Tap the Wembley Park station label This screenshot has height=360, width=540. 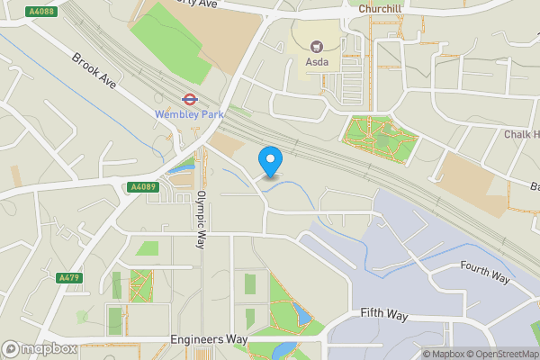(x=190, y=115)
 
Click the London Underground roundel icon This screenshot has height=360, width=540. (x=190, y=99)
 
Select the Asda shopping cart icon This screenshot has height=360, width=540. (x=317, y=46)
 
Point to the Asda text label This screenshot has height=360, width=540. (x=317, y=63)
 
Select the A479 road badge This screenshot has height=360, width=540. (x=68, y=277)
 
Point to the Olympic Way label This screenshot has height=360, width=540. (x=201, y=220)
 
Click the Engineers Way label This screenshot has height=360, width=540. (x=209, y=340)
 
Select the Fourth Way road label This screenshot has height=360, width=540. (x=485, y=273)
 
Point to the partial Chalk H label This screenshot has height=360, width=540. (x=522, y=135)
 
